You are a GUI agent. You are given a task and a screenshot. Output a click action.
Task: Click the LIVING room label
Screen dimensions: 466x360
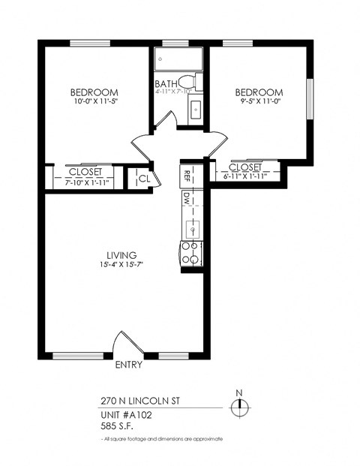pyautogui.click(x=121, y=255)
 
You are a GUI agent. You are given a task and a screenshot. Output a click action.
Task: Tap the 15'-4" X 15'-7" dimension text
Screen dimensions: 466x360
pyautogui.click(x=121, y=265)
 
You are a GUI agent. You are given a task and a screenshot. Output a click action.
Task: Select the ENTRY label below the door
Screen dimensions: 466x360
pyautogui.click(x=129, y=366)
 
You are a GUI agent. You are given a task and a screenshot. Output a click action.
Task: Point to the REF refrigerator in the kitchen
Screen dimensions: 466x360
pyautogui.click(x=187, y=177)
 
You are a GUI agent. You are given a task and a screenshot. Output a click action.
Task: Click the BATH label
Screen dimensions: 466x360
pyautogui.click(x=165, y=83)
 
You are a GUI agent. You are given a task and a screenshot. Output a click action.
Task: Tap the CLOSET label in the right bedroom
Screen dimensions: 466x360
pyautogui.click(x=245, y=167)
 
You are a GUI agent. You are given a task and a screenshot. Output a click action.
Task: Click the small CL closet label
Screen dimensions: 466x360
pyautogui.click(x=144, y=179)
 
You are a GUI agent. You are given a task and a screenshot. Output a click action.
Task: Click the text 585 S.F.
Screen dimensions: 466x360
pyautogui.click(x=117, y=425)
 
